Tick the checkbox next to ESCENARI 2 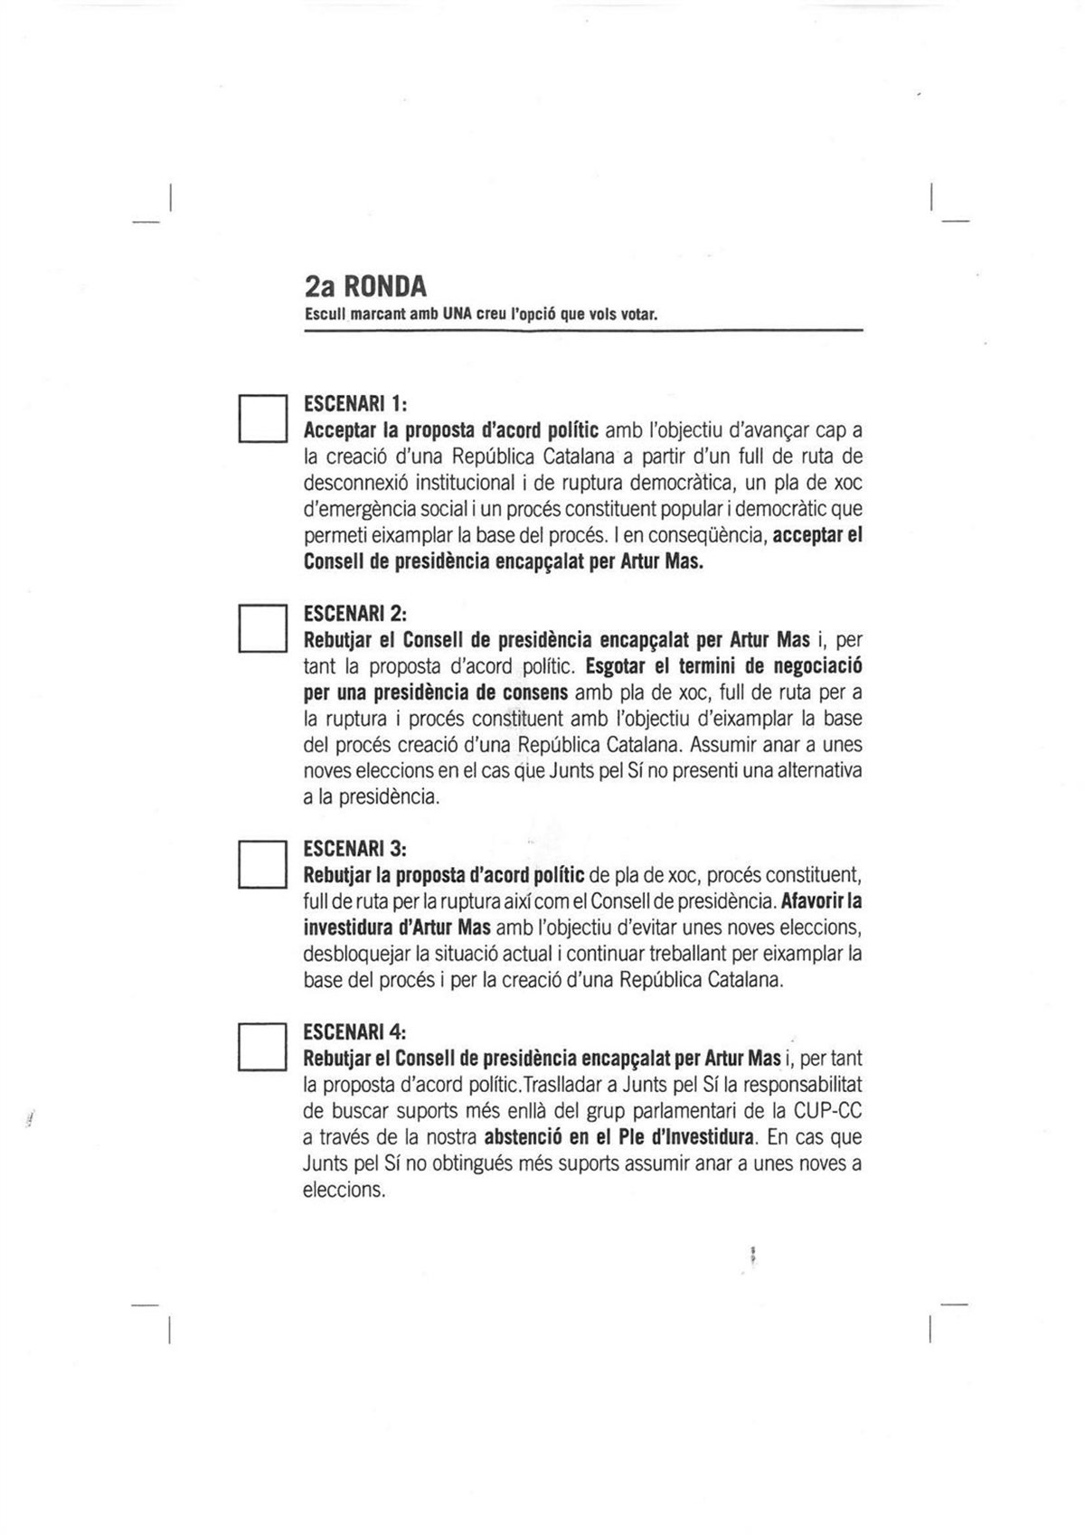(262, 628)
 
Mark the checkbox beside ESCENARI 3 (262, 863)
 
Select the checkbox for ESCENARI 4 (262, 1047)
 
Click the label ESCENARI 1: (356, 401)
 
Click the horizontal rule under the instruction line (583, 331)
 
